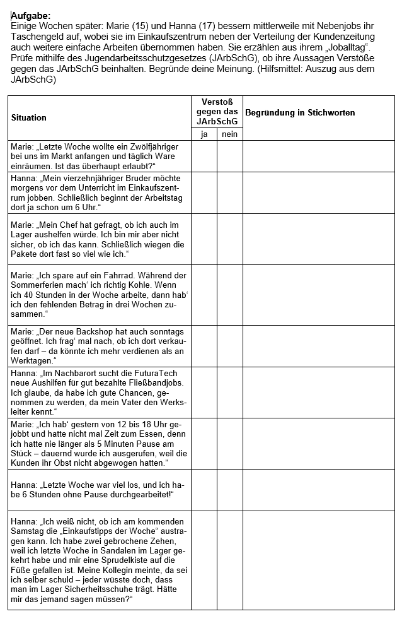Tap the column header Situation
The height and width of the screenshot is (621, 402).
pyautogui.click(x=29, y=117)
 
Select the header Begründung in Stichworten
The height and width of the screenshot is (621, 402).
pyautogui.click(x=300, y=113)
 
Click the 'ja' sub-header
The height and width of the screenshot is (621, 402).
pyautogui.click(x=204, y=134)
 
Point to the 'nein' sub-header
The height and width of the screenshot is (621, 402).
pyautogui.click(x=230, y=134)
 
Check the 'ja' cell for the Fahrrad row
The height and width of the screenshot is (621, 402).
pyautogui.click(x=204, y=294)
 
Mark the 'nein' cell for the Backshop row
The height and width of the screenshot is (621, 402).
pyautogui.click(x=230, y=346)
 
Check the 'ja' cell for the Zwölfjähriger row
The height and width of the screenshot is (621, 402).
pyautogui.click(x=204, y=156)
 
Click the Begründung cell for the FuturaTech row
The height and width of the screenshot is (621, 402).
pyautogui.click(x=318, y=393)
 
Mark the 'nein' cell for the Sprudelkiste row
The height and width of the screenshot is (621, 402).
pyautogui.click(x=230, y=560)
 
